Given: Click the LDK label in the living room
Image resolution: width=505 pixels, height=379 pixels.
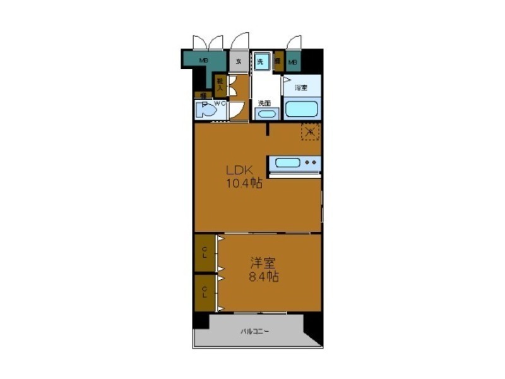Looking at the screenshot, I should [x=241, y=170].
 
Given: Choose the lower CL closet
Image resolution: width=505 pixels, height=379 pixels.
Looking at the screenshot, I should [x=204, y=292].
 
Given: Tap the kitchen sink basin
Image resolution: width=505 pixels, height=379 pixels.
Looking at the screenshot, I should [x=287, y=164].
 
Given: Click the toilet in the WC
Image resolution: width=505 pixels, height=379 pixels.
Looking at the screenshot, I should [x=206, y=111].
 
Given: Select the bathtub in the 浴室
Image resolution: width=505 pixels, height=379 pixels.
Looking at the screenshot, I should [x=302, y=109].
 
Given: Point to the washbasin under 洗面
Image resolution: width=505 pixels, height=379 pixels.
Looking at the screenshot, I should [x=265, y=114].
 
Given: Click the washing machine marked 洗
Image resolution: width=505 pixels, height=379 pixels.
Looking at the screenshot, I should [x=262, y=62].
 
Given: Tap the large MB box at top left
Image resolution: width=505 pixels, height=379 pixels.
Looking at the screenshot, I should [x=204, y=61].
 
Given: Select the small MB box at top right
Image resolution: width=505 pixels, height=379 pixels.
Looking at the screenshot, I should [x=293, y=63].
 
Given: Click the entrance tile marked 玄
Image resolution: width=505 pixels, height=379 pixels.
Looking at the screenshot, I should [x=239, y=62].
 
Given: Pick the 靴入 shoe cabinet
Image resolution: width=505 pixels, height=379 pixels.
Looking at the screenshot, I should [x=219, y=83].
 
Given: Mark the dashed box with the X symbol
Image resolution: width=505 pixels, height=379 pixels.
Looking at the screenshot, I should [x=309, y=131].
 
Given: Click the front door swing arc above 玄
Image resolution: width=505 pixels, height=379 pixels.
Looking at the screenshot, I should [x=239, y=42].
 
